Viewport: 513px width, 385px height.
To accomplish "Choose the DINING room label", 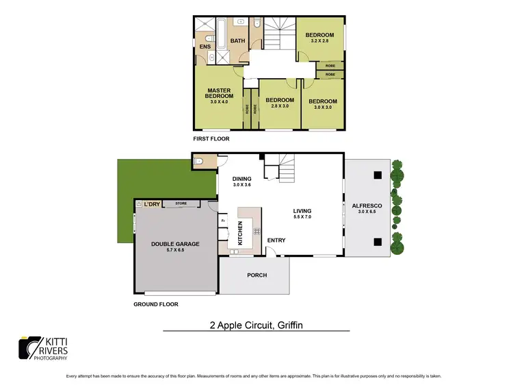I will [x=243, y=179].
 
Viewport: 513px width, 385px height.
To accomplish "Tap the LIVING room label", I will [x=302, y=211].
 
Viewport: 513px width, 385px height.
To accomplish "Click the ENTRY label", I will [x=276, y=240].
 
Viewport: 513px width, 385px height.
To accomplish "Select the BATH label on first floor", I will [x=237, y=41].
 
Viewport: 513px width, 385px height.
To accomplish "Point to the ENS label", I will [x=205, y=46].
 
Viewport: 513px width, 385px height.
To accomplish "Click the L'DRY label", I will [x=152, y=203].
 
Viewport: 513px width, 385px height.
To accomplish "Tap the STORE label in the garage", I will [x=181, y=203].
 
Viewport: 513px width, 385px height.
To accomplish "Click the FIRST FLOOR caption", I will [x=211, y=138].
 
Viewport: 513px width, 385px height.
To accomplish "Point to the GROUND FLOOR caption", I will [x=155, y=303].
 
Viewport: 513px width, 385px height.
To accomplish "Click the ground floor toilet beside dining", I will [x=200, y=162].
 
